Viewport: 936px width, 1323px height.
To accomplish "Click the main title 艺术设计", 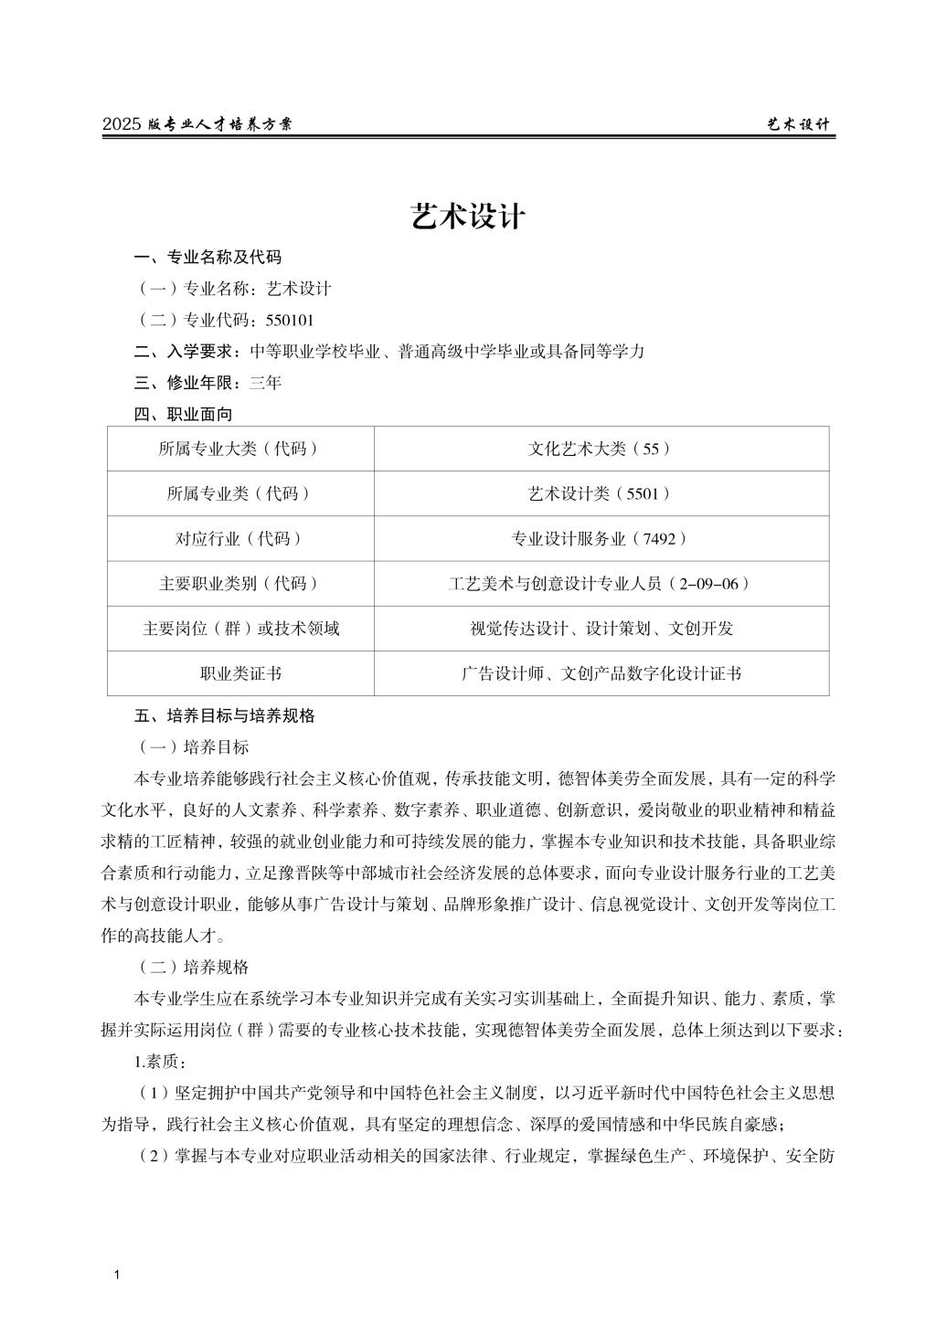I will tap(468, 217).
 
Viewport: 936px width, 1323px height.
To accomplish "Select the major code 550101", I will tap(290, 320).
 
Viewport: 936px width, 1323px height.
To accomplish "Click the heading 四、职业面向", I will tap(183, 414).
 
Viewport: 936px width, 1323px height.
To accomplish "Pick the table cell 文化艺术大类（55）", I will tap(601, 449).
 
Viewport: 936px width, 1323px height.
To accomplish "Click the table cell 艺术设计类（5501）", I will tap(601, 493).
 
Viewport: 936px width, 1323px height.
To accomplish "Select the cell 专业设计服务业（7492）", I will tap(601, 538).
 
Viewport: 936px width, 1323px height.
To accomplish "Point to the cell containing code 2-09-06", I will tap(601, 583).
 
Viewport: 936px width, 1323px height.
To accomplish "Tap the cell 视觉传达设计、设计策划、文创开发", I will tap(601, 629).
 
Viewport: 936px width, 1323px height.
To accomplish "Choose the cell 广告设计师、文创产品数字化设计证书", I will tap(601, 673).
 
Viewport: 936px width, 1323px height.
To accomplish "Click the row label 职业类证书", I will tap(240, 673).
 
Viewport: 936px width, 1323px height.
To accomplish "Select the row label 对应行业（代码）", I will tap(240, 538).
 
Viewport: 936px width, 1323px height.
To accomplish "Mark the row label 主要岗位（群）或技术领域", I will tap(240, 629).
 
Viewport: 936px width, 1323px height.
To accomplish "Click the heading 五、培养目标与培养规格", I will tap(224, 715).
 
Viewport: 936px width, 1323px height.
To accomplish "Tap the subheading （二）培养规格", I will tap(194, 967).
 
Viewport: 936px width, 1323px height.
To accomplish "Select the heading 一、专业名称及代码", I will tap(207, 257).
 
